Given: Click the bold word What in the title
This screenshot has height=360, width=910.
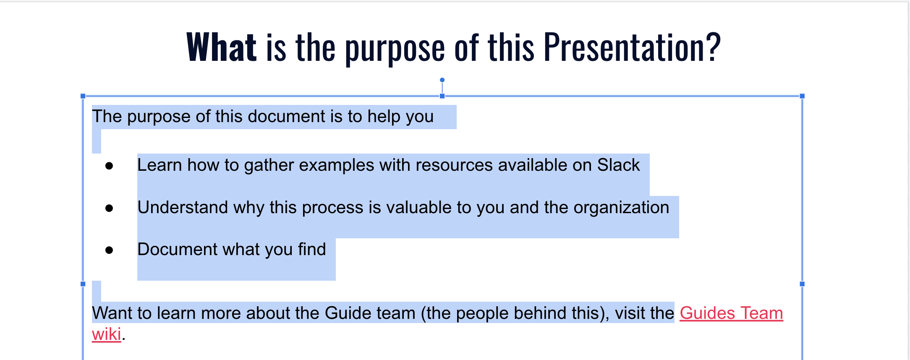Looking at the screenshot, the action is point(221,47).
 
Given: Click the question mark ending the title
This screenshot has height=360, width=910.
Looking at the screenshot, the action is point(713,47).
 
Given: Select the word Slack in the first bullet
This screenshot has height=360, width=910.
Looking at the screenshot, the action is point(618,165).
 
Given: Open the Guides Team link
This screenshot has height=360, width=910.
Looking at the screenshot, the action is point(731,313).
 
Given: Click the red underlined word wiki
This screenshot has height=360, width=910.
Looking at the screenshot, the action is point(107,334).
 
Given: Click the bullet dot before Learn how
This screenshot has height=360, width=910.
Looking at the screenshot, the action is point(109,166).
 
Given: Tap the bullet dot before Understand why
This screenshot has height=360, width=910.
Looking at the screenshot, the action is point(109,208).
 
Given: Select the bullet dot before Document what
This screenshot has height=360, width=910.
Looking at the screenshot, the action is point(109,250).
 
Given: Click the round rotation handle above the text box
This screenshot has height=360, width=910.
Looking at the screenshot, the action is point(442,80).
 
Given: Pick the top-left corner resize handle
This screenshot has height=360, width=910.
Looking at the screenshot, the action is point(83,96).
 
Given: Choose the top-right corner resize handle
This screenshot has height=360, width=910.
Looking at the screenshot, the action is point(802,96).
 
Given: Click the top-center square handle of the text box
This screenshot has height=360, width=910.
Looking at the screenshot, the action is point(442,96).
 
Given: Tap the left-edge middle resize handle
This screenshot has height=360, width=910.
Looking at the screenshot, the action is point(83,284).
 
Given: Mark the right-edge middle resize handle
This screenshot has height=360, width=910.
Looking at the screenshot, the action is point(802,284).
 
